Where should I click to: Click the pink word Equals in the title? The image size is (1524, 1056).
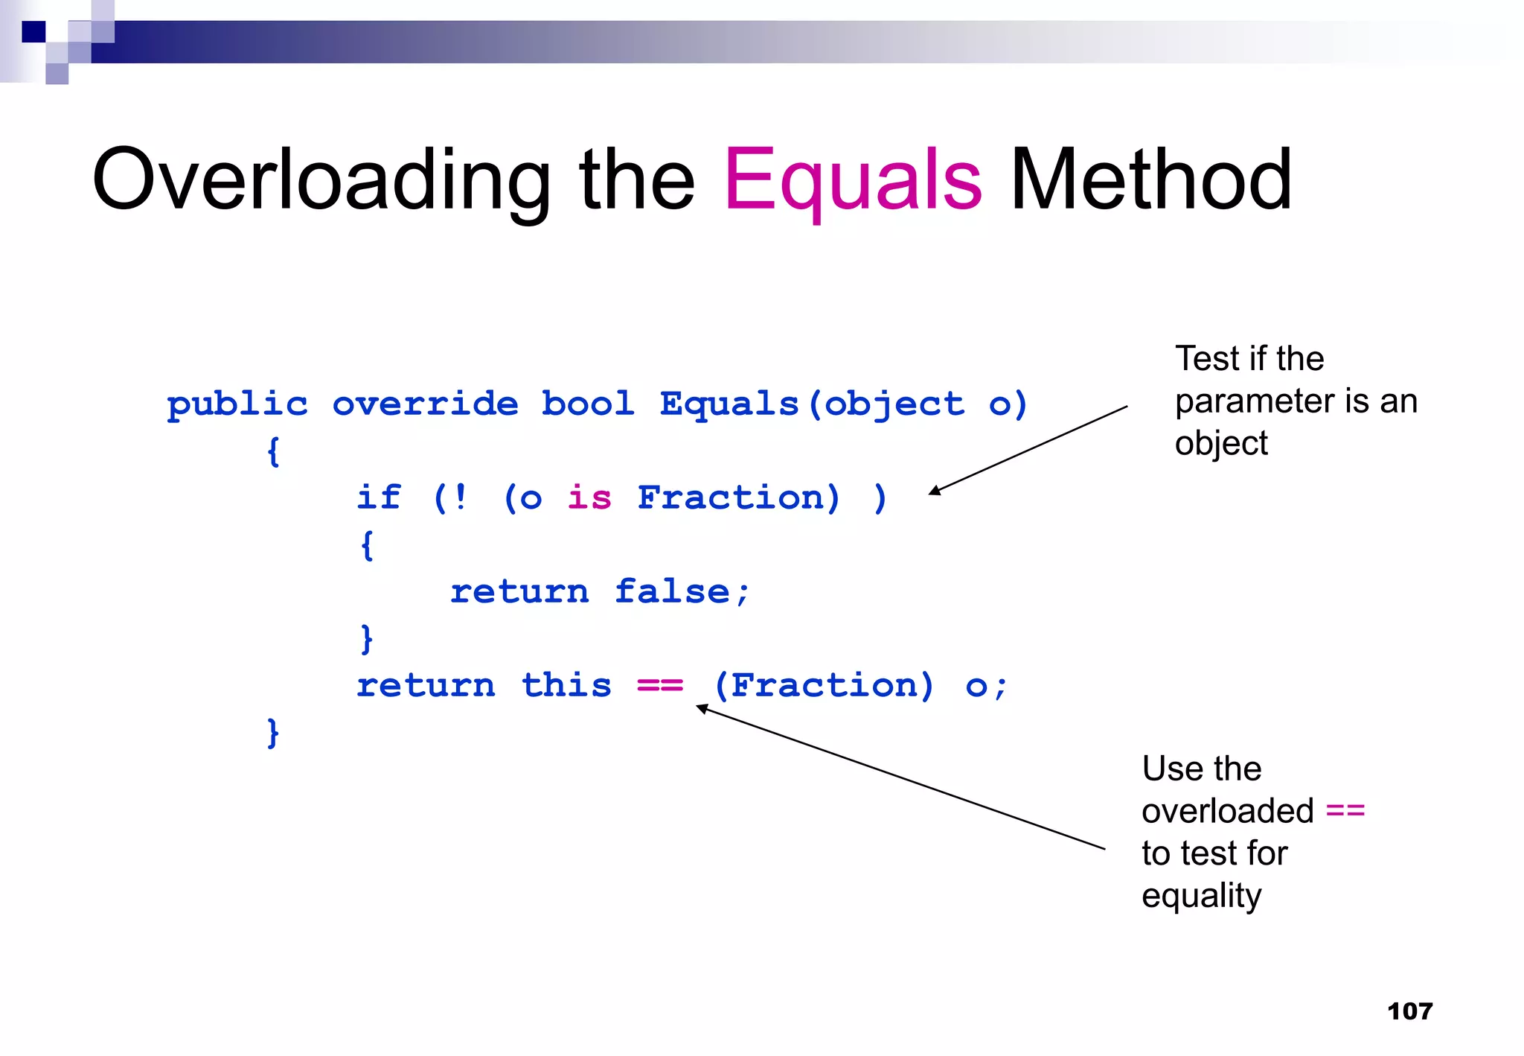click(853, 180)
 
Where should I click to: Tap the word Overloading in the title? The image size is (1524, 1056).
click(321, 180)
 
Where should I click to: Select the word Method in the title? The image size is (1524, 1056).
click(1150, 180)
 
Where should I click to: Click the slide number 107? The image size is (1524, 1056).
click(1409, 1011)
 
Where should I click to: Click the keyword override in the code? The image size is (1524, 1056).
click(425, 404)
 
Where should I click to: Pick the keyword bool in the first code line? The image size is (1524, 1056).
click(587, 404)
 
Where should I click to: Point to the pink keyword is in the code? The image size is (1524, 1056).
click(589, 497)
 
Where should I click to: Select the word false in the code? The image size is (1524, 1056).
click(672, 591)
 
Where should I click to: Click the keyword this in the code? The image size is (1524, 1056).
click(566, 685)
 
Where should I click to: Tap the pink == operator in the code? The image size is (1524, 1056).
click(660, 685)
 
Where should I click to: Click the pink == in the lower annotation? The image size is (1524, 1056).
click(1345, 810)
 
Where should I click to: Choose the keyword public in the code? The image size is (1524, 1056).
click(237, 404)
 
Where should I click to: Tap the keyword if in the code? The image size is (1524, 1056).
click(379, 497)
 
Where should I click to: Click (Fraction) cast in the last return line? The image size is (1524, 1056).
click(824, 685)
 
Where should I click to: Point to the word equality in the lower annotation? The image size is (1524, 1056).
click(1201, 896)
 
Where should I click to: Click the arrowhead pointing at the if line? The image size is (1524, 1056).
click(935, 490)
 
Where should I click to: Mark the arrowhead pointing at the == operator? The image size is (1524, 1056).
click(702, 708)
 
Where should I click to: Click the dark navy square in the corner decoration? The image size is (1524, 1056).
click(33, 32)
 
